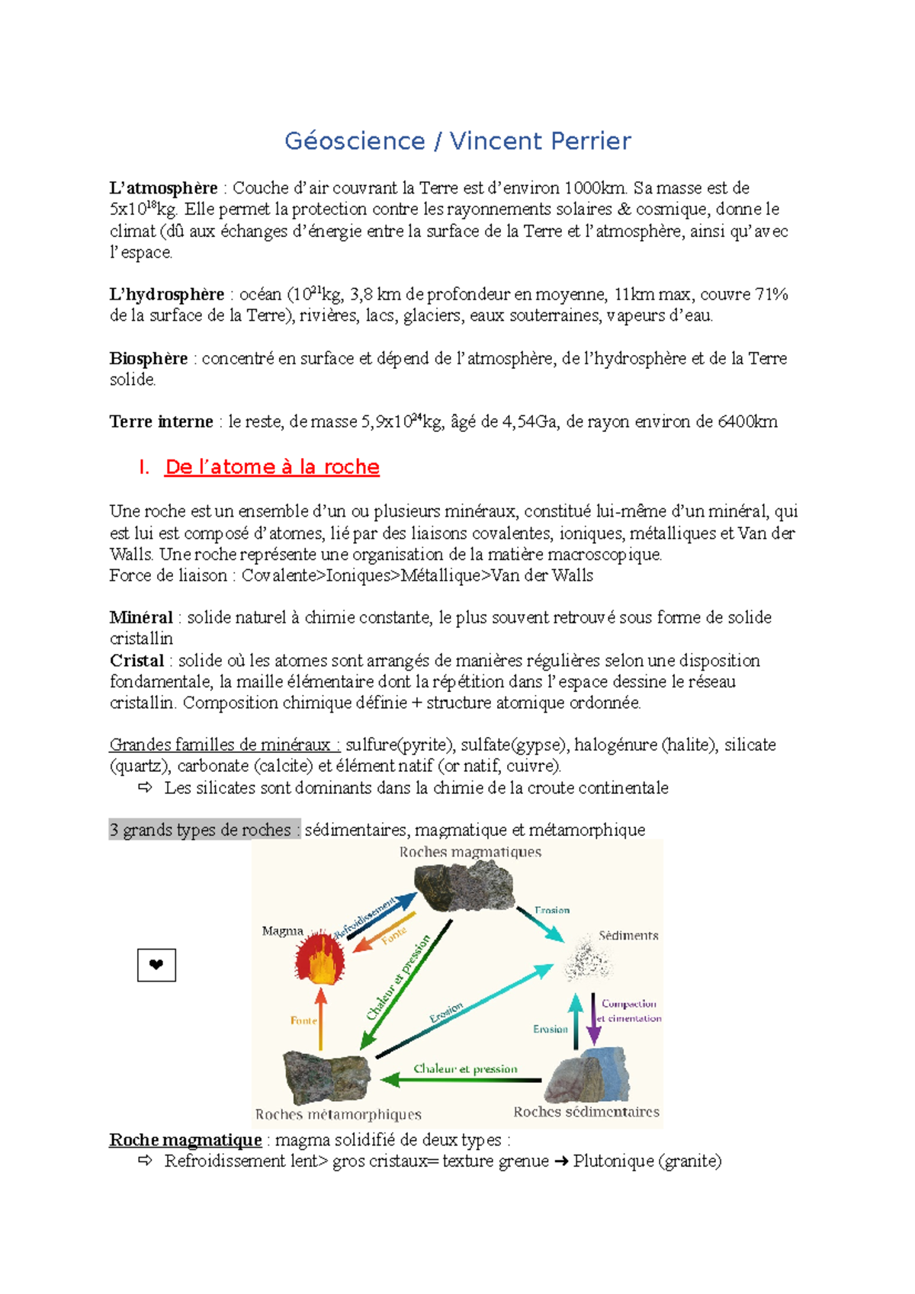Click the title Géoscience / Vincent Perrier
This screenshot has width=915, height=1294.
coord(457,141)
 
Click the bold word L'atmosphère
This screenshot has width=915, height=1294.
coord(163,188)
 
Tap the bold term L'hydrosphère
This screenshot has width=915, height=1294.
coord(166,294)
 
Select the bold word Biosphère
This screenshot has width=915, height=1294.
coord(148,358)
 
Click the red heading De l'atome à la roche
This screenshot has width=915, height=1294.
coord(271,467)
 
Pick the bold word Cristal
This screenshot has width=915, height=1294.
coord(136,661)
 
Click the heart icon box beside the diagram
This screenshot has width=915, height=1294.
coord(156,965)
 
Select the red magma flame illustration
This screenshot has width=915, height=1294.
coord(320,959)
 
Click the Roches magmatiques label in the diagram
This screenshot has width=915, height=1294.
coord(470,852)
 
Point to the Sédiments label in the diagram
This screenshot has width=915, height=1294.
coord(628,935)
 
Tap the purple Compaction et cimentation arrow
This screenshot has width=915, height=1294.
coord(594,1018)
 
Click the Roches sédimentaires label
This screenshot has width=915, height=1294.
coord(586,1112)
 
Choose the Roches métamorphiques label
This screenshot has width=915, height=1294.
coord(338,1114)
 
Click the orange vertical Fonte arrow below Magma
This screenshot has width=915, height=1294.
coord(321,1020)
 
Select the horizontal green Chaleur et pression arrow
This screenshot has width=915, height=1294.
coord(461,1079)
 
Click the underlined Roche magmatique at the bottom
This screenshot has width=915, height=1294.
coord(185,1140)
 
